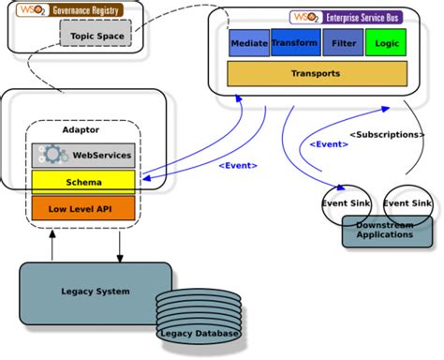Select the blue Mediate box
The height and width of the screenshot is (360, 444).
(249, 43)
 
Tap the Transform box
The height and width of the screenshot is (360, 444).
(294, 43)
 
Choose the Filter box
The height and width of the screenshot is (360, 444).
(343, 43)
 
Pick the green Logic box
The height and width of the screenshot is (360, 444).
(387, 43)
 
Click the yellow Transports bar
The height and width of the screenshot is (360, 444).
(317, 73)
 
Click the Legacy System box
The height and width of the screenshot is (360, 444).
(96, 291)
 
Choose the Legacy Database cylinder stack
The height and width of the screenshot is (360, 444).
(199, 319)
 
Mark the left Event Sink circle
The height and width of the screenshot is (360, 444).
(348, 203)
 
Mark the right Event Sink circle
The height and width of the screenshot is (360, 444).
(407, 203)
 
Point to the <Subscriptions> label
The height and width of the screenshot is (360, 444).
(386, 135)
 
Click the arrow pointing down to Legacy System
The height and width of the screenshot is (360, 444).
(120, 246)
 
